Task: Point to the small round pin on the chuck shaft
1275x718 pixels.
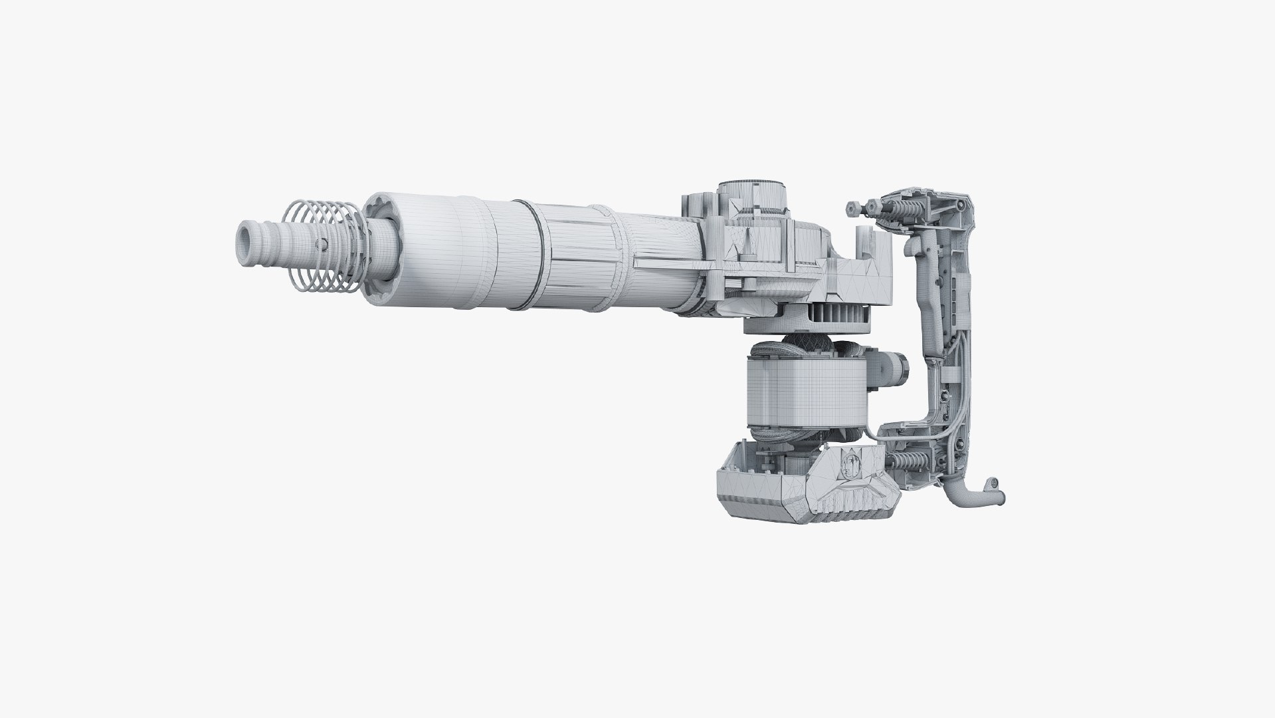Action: [x=321, y=242]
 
